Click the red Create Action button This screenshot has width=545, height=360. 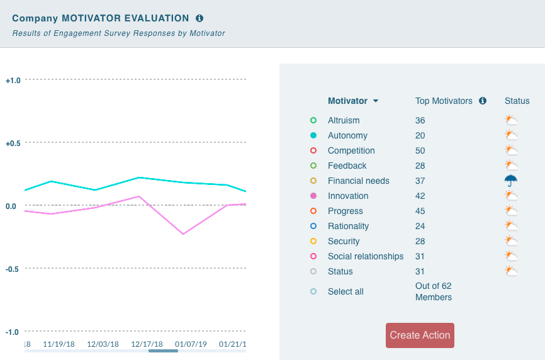[420, 335]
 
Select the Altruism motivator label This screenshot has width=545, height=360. [344, 120]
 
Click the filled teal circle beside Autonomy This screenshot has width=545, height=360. [313, 135]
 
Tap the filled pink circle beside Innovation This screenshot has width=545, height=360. [313, 196]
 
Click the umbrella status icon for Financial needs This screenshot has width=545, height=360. [510, 181]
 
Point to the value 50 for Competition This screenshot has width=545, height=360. [420, 150]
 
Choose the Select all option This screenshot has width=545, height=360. [346, 291]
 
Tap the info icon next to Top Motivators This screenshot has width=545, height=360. [483, 101]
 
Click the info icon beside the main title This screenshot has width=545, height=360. [199, 19]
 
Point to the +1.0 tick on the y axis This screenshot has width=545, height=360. [13, 80]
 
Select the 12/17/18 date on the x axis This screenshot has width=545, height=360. [147, 344]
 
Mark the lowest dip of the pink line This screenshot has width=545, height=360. [183, 234]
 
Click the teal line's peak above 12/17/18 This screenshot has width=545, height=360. [139, 177]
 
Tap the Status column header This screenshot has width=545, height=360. [517, 101]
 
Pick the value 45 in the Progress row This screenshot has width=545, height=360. [420, 211]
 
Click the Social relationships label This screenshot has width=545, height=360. [366, 256]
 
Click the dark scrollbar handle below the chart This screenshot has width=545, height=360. [163, 351]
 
